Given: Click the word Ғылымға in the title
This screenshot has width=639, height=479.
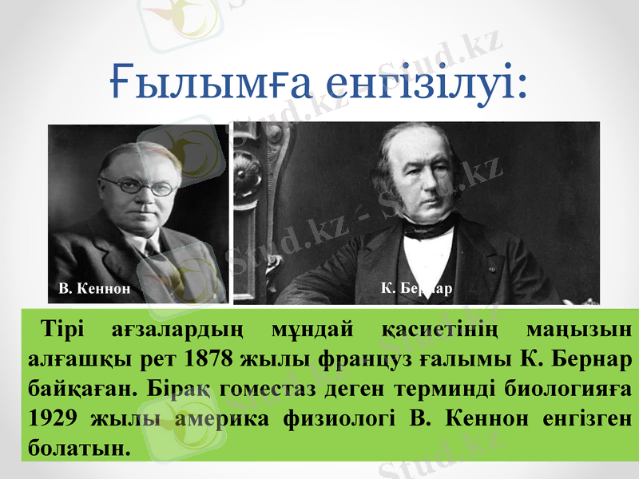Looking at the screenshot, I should pos(208,84).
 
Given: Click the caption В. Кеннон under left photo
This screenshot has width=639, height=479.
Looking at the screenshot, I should pos(94,287).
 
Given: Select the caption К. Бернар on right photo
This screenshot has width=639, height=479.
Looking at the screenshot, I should pos(417,287).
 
